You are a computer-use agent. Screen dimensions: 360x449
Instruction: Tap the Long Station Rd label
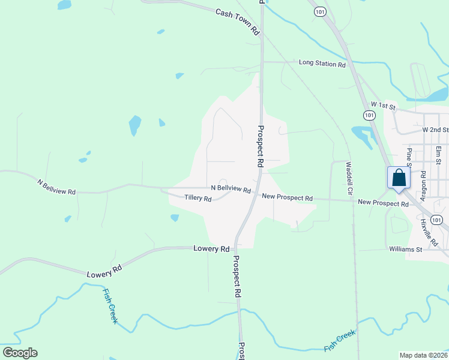click(322, 63)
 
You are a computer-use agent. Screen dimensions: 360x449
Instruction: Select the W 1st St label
click(384, 106)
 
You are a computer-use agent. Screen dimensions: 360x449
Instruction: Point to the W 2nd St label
click(435, 130)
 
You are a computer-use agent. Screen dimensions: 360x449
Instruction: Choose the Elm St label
click(439, 154)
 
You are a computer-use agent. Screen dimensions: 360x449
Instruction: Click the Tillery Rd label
click(198, 198)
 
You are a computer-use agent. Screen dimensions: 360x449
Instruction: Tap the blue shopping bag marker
click(399, 178)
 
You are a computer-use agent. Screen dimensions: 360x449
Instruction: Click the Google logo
click(20, 352)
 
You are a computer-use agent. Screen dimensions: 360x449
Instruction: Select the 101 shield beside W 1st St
click(369, 115)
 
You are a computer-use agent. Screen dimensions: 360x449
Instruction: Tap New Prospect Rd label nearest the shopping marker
click(383, 203)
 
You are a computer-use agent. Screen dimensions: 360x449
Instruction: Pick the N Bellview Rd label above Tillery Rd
click(231, 188)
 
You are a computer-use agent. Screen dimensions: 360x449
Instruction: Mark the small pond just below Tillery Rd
click(175, 218)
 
